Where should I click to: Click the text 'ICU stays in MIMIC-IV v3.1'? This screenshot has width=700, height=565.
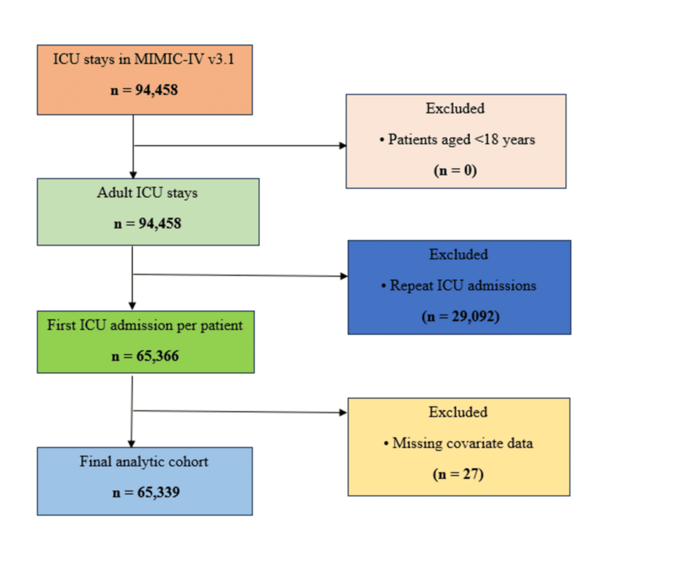coord(143,60)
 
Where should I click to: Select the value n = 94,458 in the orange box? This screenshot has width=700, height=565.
coord(144,90)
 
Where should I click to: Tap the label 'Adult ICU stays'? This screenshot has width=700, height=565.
coord(148,193)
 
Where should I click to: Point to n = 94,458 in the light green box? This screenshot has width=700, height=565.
coord(148,224)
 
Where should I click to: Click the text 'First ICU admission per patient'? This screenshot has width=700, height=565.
coord(145,325)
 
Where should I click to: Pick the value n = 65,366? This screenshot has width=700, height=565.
coord(145,356)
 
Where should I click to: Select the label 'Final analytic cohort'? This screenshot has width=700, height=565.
coord(143,461)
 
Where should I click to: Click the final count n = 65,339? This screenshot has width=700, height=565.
coord(146,493)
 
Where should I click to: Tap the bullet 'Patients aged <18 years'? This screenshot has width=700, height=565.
coord(457,140)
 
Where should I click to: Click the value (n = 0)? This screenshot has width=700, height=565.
coord(455,170)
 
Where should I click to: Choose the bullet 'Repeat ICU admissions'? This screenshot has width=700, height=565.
coord(459,285)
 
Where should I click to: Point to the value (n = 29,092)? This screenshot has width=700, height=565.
coord(461,317)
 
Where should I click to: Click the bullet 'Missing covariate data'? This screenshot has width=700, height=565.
coord(459,443)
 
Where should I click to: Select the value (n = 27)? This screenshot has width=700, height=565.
coord(458,474)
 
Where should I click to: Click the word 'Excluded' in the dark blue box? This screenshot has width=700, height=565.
coord(459,254)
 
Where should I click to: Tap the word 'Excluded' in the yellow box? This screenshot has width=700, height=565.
coord(458,412)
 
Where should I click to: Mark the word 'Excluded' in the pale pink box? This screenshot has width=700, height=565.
coord(455,109)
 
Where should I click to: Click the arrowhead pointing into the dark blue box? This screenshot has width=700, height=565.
coord(344,276)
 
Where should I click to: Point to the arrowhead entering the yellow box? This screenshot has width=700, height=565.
coord(344,412)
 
